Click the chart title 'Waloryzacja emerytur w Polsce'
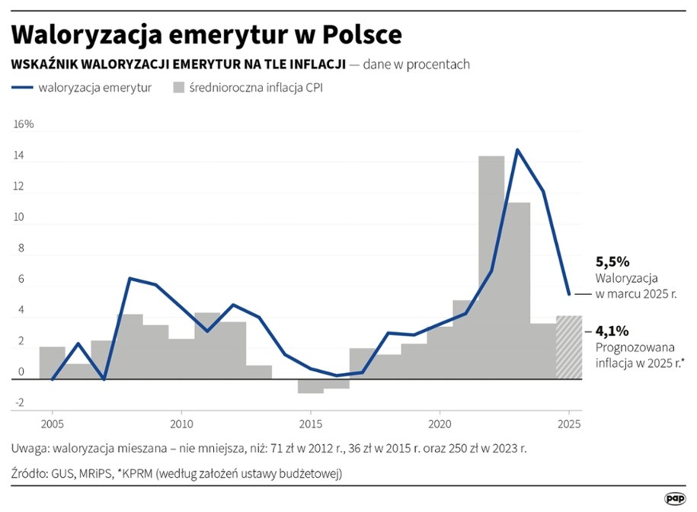206,35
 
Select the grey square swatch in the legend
180,88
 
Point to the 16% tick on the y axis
24,124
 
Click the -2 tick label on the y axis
21,403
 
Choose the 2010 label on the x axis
181,424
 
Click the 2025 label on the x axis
569,424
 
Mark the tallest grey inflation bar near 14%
491,267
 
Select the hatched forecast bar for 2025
569,347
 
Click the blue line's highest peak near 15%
517,149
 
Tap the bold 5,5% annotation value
612,262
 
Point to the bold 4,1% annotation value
612,331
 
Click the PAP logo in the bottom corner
675,498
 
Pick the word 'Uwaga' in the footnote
30,448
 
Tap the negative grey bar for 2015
311,386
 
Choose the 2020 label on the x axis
440,424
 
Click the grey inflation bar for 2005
52,363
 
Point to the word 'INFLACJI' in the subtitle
313,64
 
